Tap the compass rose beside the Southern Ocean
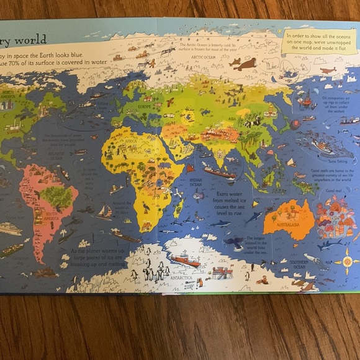(x=346, y=261)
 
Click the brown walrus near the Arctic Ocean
(x=246, y=63)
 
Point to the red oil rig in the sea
(x=306, y=100)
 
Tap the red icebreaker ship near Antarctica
(x=186, y=260)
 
